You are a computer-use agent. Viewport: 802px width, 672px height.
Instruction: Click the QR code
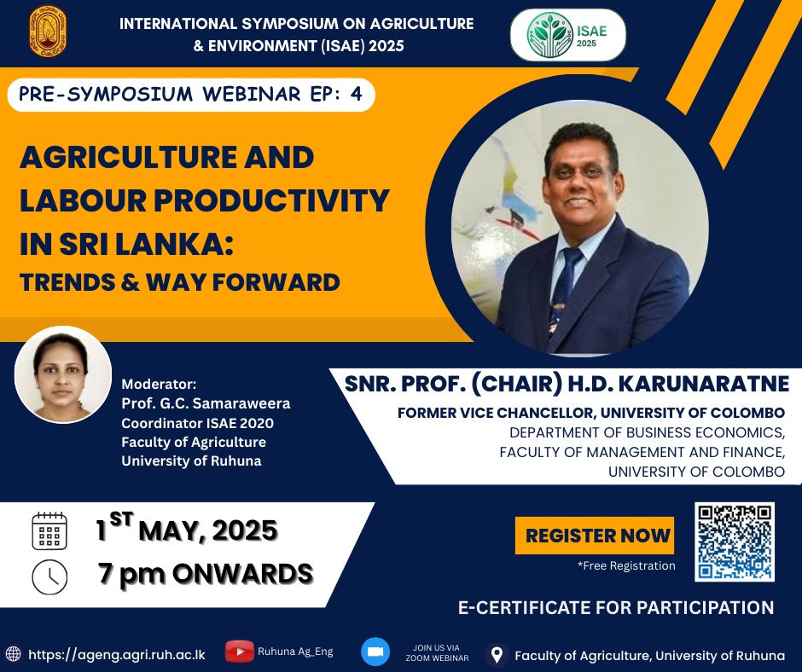[x=735, y=542]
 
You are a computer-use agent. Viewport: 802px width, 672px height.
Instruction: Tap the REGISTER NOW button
[x=595, y=536]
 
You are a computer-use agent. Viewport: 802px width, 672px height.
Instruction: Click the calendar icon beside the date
[x=49, y=530]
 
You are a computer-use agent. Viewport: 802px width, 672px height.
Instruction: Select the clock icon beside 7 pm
[x=49, y=576]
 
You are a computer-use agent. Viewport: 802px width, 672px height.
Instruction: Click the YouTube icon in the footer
[x=240, y=652]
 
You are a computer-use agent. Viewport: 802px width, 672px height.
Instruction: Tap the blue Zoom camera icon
[x=375, y=652]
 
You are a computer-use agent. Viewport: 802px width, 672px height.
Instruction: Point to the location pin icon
[x=497, y=655]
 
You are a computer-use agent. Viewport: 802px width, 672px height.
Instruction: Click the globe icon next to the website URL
[x=14, y=654]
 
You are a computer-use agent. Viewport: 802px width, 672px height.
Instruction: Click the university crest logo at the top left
[x=48, y=30]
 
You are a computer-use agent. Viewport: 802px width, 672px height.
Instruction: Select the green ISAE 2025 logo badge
[x=567, y=35]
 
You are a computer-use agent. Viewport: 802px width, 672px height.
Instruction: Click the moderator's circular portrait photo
[x=63, y=375]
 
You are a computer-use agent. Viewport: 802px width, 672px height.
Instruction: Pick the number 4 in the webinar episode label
[x=356, y=94]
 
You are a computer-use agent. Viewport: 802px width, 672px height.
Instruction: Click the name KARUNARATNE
[x=703, y=384]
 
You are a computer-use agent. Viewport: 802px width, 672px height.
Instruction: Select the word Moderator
[x=159, y=384]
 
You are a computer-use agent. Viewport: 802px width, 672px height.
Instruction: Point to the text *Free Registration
[x=626, y=565]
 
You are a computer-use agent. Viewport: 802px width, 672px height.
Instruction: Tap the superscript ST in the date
[x=121, y=519]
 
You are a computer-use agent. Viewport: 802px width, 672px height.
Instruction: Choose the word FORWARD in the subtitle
[x=276, y=282]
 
